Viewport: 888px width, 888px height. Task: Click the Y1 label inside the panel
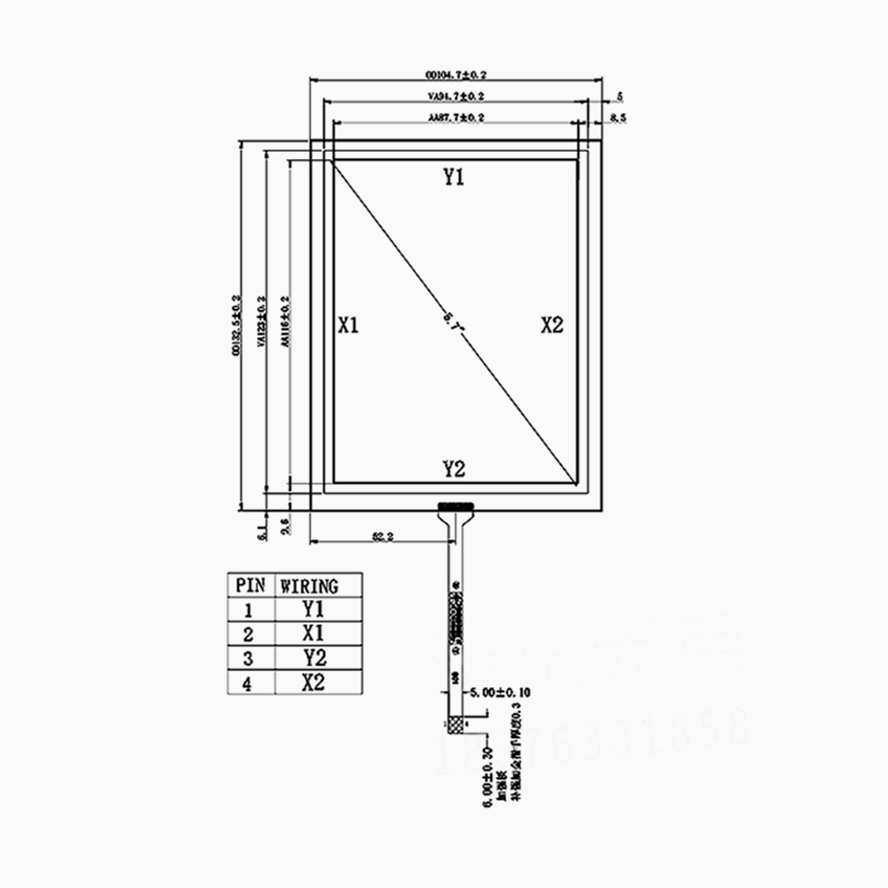(x=454, y=177)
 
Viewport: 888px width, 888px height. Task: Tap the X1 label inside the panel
(x=348, y=325)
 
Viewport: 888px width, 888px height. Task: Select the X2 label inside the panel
(x=552, y=325)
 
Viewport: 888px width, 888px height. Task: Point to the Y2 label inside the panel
(x=454, y=469)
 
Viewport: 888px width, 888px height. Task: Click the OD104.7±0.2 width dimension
(x=456, y=75)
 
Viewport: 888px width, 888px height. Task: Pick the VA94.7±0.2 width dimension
(x=456, y=96)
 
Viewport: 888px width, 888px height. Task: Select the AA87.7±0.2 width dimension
(x=456, y=117)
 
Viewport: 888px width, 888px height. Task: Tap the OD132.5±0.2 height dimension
(x=235, y=326)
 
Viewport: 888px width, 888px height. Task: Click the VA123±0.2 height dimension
(x=261, y=326)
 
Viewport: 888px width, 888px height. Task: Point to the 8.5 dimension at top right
(x=619, y=117)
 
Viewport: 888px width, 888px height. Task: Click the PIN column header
(x=249, y=586)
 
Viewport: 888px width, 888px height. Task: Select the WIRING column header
(x=309, y=586)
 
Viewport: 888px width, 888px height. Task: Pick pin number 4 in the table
(x=249, y=682)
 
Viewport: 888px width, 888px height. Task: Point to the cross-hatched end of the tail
(x=457, y=726)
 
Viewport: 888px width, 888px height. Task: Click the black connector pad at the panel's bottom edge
(x=456, y=506)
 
